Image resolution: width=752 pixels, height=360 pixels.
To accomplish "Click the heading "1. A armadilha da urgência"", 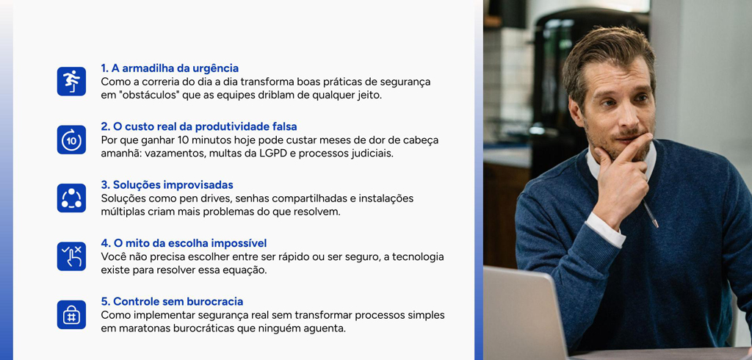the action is [170, 68].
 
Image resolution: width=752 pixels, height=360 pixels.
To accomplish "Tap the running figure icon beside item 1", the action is [71, 81].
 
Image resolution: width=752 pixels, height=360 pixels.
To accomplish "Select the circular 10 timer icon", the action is [71, 140].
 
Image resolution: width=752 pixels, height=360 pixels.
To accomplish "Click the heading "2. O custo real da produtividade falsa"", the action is [199, 126].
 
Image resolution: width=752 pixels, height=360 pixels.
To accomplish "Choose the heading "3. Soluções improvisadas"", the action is [167, 185].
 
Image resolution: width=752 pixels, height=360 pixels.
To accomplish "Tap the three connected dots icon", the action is [71, 198].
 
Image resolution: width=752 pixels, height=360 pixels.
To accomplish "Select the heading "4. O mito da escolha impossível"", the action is [184, 243].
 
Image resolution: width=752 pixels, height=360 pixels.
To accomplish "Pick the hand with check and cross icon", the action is [71, 256].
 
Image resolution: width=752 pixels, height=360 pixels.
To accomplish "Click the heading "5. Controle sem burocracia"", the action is [172, 302].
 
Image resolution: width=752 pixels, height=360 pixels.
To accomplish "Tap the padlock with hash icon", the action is [71, 315].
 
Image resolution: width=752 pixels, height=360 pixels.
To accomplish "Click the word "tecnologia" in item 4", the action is [418, 257].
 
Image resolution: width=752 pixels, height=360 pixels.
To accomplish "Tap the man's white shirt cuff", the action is [605, 228].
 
